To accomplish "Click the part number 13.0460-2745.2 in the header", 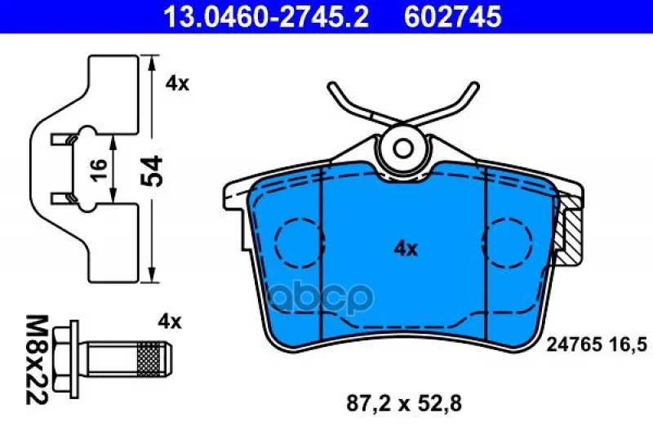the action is pyautogui.click(x=266, y=16).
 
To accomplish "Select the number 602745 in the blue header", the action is pyautogui.click(x=453, y=16).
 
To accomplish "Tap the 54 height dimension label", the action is pyautogui.click(x=151, y=171).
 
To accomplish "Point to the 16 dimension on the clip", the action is pyautogui.click(x=99, y=171).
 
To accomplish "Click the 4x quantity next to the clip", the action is pyautogui.click(x=177, y=84).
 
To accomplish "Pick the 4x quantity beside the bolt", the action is pyautogui.click(x=170, y=322).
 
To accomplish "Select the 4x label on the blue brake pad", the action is pyautogui.click(x=406, y=249).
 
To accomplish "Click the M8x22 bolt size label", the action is pyautogui.click(x=37, y=360).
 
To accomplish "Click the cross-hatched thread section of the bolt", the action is pyautogui.click(x=149, y=359).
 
